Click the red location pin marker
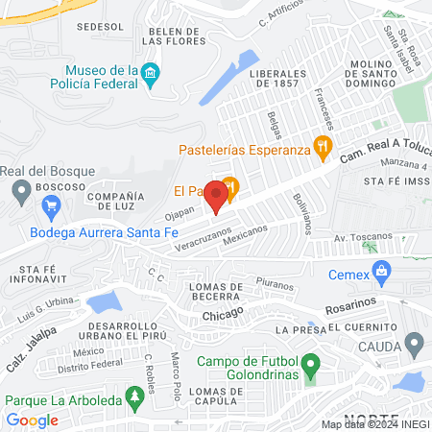pos(217,196)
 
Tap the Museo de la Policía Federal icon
pos(150,74)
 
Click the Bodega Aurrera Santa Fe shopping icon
pos(52,204)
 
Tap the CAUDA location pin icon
pos(415,343)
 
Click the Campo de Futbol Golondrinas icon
pos(310,368)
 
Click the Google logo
pos(33,420)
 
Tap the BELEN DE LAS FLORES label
pos(173,36)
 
